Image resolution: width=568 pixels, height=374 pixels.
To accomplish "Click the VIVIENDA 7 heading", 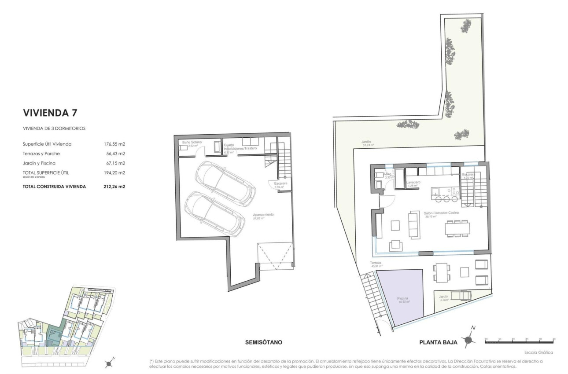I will (x=50, y=113).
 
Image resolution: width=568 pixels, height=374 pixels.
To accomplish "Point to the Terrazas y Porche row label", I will (x=41, y=154).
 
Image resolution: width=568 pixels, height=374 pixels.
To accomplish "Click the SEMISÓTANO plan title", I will (x=263, y=342).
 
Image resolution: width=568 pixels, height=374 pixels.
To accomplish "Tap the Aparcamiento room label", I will (x=263, y=214).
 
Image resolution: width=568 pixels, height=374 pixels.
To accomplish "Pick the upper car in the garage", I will (x=225, y=180).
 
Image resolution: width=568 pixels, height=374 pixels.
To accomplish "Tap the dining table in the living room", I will (x=457, y=229).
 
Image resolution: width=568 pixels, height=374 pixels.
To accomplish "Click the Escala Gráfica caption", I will (x=539, y=352).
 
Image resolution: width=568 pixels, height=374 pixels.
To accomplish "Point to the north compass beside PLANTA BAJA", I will (x=471, y=338).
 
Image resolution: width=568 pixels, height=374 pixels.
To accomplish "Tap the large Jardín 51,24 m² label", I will (x=367, y=143).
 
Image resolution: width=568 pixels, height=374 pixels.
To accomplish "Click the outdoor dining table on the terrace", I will (x=441, y=272).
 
